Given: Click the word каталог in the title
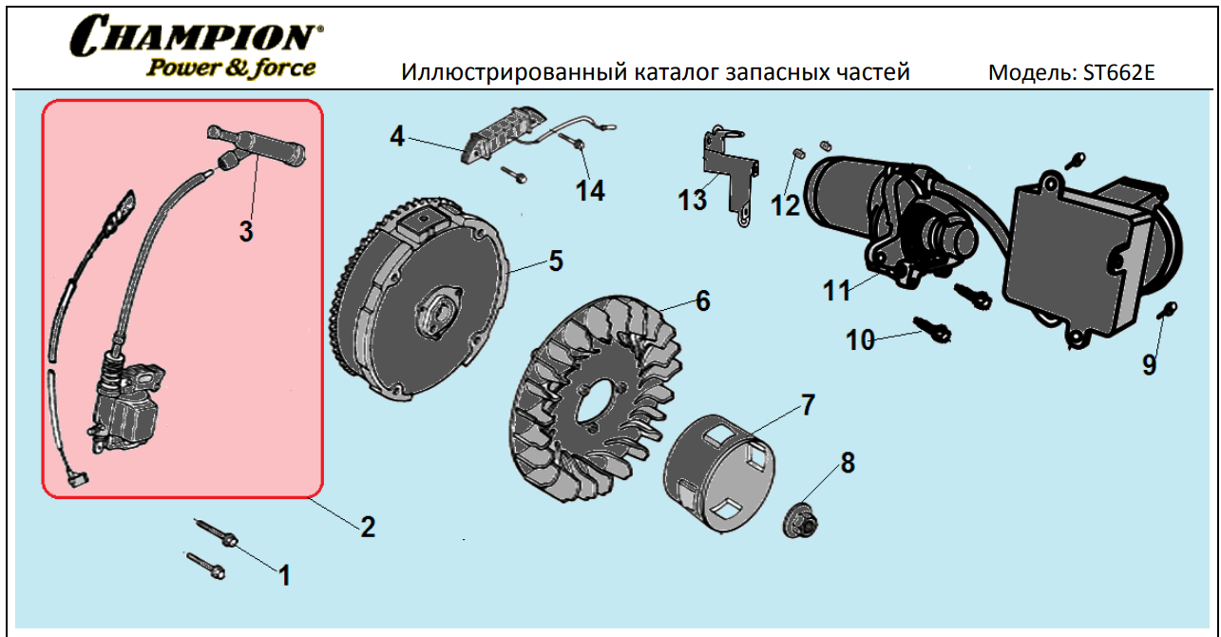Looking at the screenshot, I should (x=677, y=73).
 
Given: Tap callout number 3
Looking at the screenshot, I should (x=246, y=231).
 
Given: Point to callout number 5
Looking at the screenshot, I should (x=556, y=261).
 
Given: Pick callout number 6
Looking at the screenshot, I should (x=702, y=300).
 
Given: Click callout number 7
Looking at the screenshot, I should (x=807, y=404).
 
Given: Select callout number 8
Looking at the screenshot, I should (x=847, y=463).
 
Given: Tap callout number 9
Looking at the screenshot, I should (x=1150, y=365).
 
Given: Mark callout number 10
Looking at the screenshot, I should (x=860, y=339).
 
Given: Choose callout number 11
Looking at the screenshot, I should (x=837, y=291).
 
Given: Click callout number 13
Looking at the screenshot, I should (x=693, y=200).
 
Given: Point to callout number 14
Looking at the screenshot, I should (x=590, y=190).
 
